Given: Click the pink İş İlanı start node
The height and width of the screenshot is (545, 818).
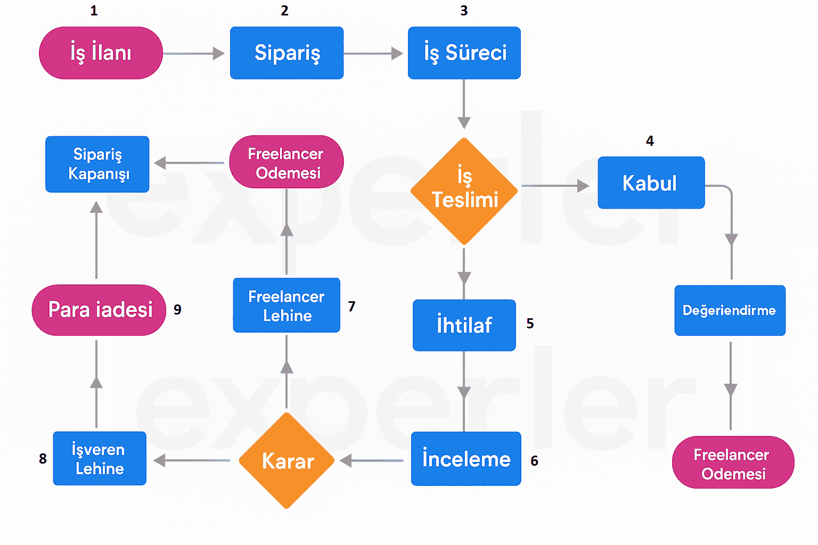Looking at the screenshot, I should pos(101,53).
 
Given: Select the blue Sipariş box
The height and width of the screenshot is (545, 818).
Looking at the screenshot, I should pos(287,53).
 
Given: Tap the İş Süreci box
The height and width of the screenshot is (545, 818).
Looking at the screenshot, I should pos(464,53).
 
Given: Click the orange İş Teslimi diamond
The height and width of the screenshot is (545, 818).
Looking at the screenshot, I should pos(464,191).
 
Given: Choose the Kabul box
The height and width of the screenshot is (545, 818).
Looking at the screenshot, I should pos(651,183).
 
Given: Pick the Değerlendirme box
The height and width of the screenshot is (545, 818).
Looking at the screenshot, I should pos(730,310).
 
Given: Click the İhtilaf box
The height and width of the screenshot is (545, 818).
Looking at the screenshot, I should pos(464,325).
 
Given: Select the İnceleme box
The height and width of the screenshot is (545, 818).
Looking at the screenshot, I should pos(466,459).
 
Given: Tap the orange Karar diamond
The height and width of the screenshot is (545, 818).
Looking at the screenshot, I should pos(287,461).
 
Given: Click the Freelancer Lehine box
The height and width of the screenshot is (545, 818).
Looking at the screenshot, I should pos(287,305).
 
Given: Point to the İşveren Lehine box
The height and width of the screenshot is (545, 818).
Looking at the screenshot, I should pos(100,458).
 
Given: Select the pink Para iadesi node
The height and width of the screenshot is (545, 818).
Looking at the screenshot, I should pos(99,310).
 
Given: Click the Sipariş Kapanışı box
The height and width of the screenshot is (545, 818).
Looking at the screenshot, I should pos(97,164).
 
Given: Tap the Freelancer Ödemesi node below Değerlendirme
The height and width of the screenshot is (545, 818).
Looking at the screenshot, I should pos(733,463).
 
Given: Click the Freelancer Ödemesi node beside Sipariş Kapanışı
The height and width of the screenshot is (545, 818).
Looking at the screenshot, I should pos(287,162).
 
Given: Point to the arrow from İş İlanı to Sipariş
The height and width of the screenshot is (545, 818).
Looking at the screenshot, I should pos(194,53).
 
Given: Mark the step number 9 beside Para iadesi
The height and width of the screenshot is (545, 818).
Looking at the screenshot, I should pos(177,309).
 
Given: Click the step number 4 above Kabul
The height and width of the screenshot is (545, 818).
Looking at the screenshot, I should pos(650,141).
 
